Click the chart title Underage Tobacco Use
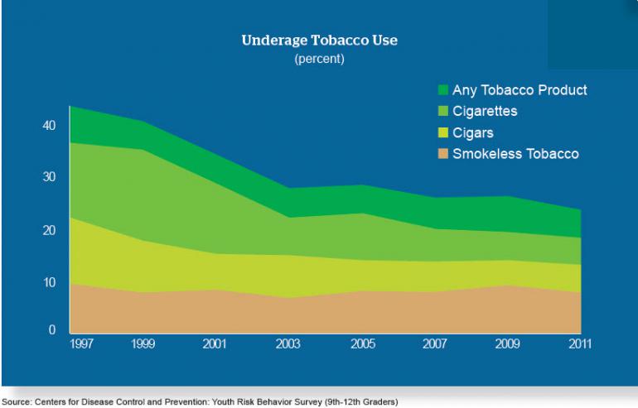click(319, 40)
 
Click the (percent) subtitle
click(319, 60)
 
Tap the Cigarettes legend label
click(496, 111)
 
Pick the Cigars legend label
click(482, 132)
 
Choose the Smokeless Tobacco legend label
click(515, 153)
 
